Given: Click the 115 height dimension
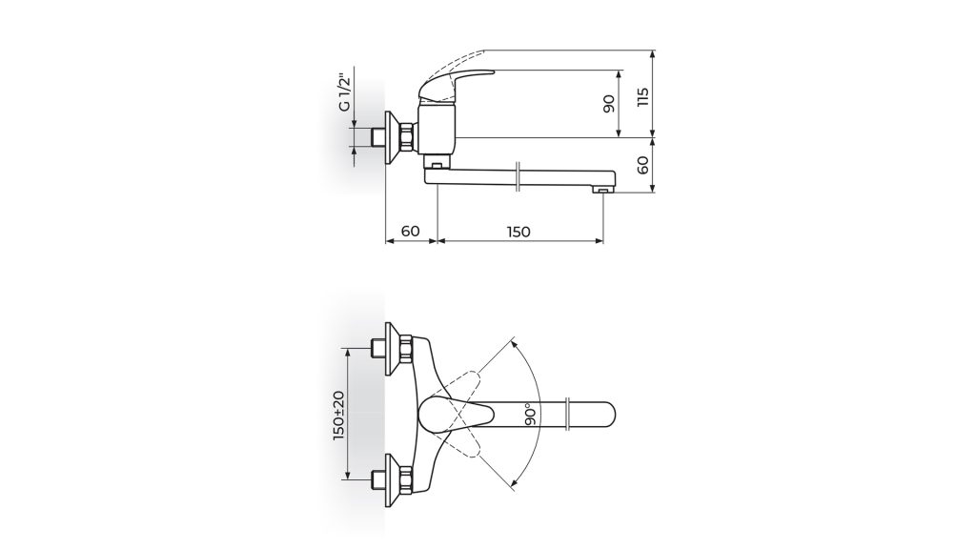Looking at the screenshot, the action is [x=643, y=97].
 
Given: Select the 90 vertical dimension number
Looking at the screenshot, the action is [x=609, y=103].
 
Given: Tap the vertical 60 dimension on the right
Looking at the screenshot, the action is [x=643, y=165].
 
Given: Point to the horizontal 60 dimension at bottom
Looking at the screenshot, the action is [x=410, y=232].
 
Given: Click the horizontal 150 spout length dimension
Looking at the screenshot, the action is [x=518, y=233].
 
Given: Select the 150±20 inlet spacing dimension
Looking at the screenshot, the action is [x=339, y=416].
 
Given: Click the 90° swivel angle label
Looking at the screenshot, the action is [x=531, y=414].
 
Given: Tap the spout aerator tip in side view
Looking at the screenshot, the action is [x=602, y=190].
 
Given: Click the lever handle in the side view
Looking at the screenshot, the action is [x=456, y=84].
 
